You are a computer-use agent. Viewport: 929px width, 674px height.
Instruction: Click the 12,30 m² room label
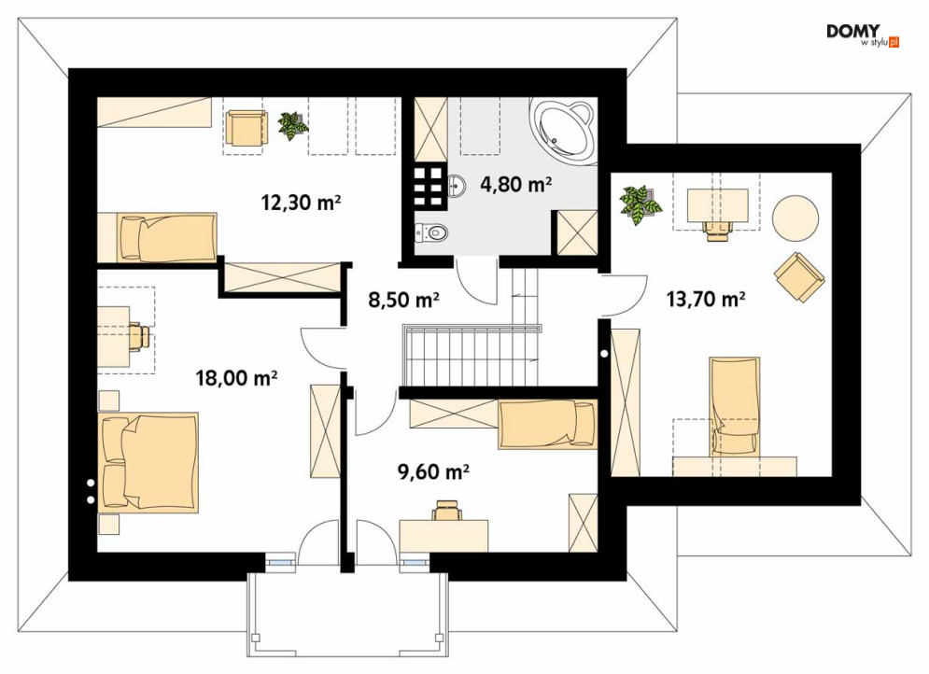coord(301,203)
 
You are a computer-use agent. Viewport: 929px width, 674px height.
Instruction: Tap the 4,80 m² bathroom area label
coord(516,185)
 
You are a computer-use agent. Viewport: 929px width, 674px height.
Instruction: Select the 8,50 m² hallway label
coord(403,300)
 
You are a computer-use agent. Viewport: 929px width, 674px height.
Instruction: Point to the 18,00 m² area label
coord(236,377)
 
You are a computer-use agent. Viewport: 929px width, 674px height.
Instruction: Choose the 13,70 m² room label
coord(706,299)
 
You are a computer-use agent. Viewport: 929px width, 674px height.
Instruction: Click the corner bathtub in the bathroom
coord(565,130)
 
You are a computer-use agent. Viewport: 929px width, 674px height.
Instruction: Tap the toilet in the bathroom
coord(429,232)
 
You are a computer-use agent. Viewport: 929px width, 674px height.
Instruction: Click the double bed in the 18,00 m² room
coord(148,462)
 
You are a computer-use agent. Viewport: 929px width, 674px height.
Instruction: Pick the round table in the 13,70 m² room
coord(795,218)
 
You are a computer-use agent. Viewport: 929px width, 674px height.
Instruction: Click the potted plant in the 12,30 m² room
coord(292,125)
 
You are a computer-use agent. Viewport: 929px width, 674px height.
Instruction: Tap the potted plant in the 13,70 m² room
coord(640,204)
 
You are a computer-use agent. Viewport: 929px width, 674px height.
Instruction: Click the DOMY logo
coord(862,35)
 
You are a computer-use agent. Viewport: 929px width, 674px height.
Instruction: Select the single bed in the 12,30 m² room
coord(157,237)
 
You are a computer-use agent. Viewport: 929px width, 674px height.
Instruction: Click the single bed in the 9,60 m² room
coord(547,424)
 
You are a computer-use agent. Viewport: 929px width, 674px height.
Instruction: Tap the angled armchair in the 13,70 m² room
coord(799,277)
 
